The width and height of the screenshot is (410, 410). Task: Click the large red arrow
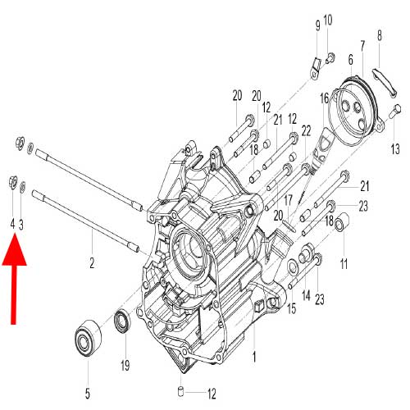click(x=16, y=275)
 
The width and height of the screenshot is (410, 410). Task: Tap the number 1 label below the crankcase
click(x=254, y=357)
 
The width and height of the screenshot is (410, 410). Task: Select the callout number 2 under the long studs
click(x=92, y=262)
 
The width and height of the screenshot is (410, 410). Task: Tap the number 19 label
click(x=125, y=365)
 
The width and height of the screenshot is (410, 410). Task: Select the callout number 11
click(x=344, y=263)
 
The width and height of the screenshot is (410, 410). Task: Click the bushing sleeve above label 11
click(x=343, y=221)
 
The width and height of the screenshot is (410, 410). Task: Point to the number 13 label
click(x=394, y=148)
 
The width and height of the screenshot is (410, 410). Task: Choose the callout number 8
click(x=380, y=34)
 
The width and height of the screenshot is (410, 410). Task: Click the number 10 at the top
click(x=328, y=20)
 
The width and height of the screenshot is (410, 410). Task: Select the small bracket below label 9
click(x=315, y=73)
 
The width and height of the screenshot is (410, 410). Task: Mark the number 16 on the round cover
click(x=325, y=98)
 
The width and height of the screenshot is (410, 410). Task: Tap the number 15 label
click(x=289, y=308)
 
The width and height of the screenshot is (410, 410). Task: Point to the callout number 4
click(x=11, y=223)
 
